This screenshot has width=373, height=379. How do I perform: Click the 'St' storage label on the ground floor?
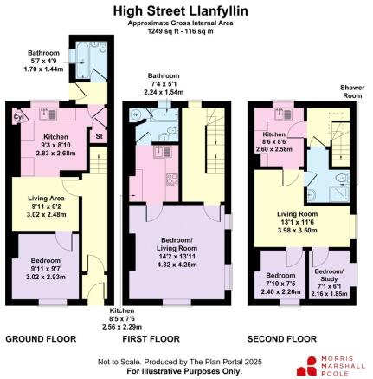[x=99, y=135]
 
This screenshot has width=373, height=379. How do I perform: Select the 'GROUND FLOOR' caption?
[x=41, y=338]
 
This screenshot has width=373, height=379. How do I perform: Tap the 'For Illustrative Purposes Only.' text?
[x=183, y=370]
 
